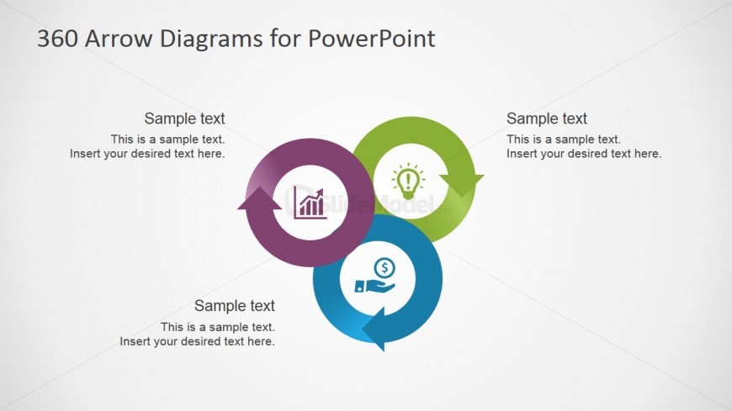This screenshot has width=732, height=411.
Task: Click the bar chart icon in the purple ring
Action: click(x=311, y=203)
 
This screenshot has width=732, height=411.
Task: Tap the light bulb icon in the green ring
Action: click(x=408, y=180)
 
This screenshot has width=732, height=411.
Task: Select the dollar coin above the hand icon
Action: click(x=385, y=268)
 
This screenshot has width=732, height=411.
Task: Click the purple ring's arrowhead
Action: click(x=260, y=202)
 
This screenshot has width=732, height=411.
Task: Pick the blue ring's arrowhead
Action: click(x=376, y=328)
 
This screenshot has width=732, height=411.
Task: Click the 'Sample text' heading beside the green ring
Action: click(x=547, y=119)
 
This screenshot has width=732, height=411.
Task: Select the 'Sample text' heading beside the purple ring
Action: click(x=184, y=119)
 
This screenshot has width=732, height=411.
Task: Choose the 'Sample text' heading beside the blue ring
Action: click(x=235, y=306)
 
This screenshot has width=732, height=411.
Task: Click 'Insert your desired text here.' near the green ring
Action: click(x=584, y=154)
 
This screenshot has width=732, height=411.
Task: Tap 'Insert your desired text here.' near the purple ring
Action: click(x=147, y=154)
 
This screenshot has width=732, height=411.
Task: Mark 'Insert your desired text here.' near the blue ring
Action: click(x=198, y=341)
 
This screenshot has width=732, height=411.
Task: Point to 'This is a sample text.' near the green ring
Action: click(x=564, y=140)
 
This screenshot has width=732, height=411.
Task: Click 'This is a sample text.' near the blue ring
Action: click(x=218, y=327)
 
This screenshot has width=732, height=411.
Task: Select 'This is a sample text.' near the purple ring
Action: click(x=167, y=140)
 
